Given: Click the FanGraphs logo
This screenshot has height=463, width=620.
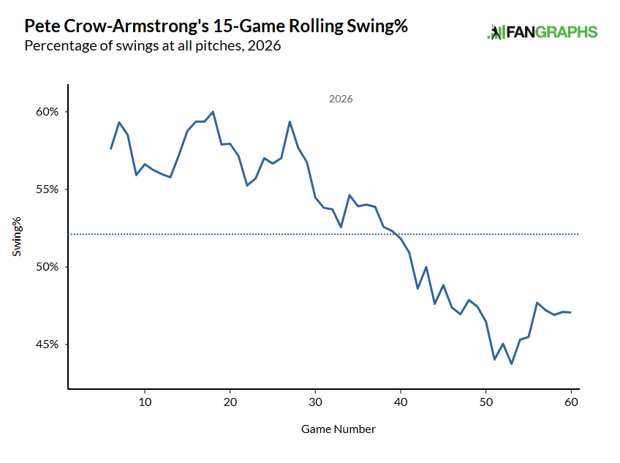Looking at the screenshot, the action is coord(542,32).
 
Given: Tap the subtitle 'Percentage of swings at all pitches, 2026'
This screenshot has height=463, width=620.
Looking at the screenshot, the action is coord(153,46).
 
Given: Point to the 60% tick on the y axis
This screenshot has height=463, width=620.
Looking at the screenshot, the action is coord(47,112).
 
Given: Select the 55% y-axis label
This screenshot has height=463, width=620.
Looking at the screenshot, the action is coord(47,189).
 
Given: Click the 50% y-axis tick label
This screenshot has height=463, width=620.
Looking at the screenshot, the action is coord(47,267).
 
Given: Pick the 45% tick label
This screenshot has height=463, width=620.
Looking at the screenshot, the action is coord(47,345).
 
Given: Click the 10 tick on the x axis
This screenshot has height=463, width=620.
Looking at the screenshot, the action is coord(145,402).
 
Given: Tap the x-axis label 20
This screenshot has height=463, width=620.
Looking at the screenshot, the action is coord(230,402).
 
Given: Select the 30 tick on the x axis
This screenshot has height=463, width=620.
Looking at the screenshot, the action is coord(316,402).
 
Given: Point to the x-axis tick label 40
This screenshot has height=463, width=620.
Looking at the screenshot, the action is coord(401,402).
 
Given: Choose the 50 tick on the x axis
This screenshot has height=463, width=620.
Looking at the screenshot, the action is coord(486,402).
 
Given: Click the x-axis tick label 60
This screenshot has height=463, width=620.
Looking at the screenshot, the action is coord(571,402).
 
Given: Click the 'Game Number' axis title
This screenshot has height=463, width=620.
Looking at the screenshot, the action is coord(339,429).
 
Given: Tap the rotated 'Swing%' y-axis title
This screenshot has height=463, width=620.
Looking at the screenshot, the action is coord(17,237).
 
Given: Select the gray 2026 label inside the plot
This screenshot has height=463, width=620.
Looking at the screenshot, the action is coord(341,99).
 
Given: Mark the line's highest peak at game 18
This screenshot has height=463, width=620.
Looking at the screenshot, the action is coord(213,112).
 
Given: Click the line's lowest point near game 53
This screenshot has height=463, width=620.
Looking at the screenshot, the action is coord(512,364).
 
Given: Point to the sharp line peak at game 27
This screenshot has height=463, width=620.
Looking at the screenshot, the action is coord(290,121).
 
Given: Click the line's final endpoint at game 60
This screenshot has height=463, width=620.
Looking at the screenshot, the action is coord(570,312).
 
